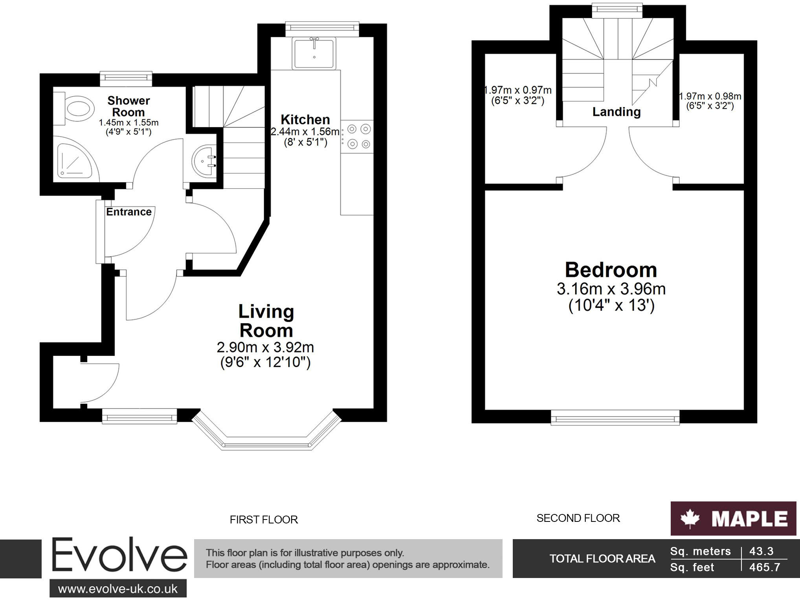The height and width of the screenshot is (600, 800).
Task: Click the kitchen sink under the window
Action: pyautogui.click(x=314, y=53)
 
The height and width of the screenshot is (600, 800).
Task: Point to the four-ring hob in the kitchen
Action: pyautogui.click(x=358, y=136)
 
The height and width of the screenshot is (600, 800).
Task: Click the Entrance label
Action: pyautogui.click(x=128, y=212)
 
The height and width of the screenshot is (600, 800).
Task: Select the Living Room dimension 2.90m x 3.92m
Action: pyautogui.click(x=265, y=348)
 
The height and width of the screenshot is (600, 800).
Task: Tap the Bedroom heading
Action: pyautogui.click(x=611, y=270)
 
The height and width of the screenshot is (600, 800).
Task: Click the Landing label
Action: pyautogui.click(x=617, y=112)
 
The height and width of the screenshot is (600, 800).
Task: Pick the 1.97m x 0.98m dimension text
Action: pyautogui.click(x=710, y=97)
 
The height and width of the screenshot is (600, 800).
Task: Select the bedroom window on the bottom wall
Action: pyautogui.click(x=615, y=417)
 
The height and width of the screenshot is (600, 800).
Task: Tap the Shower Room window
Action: pyautogui.click(x=126, y=78)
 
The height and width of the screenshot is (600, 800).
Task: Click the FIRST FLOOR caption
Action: pyautogui.click(x=264, y=520)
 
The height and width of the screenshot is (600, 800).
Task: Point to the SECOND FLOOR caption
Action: pyautogui.click(x=578, y=518)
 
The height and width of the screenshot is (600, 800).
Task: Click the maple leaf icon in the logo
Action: pyautogui.click(x=690, y=519)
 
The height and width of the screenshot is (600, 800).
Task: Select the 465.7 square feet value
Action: pyautogui.click(x=764, y=567)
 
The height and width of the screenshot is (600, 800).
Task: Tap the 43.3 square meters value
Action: pyautogui.click(x=761, y=551)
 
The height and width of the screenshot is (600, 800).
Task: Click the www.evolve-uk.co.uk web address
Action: pyautogui.click(x=118, y=589)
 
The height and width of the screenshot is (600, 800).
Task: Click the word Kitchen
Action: pyautogui.click(x=305, y=119)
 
